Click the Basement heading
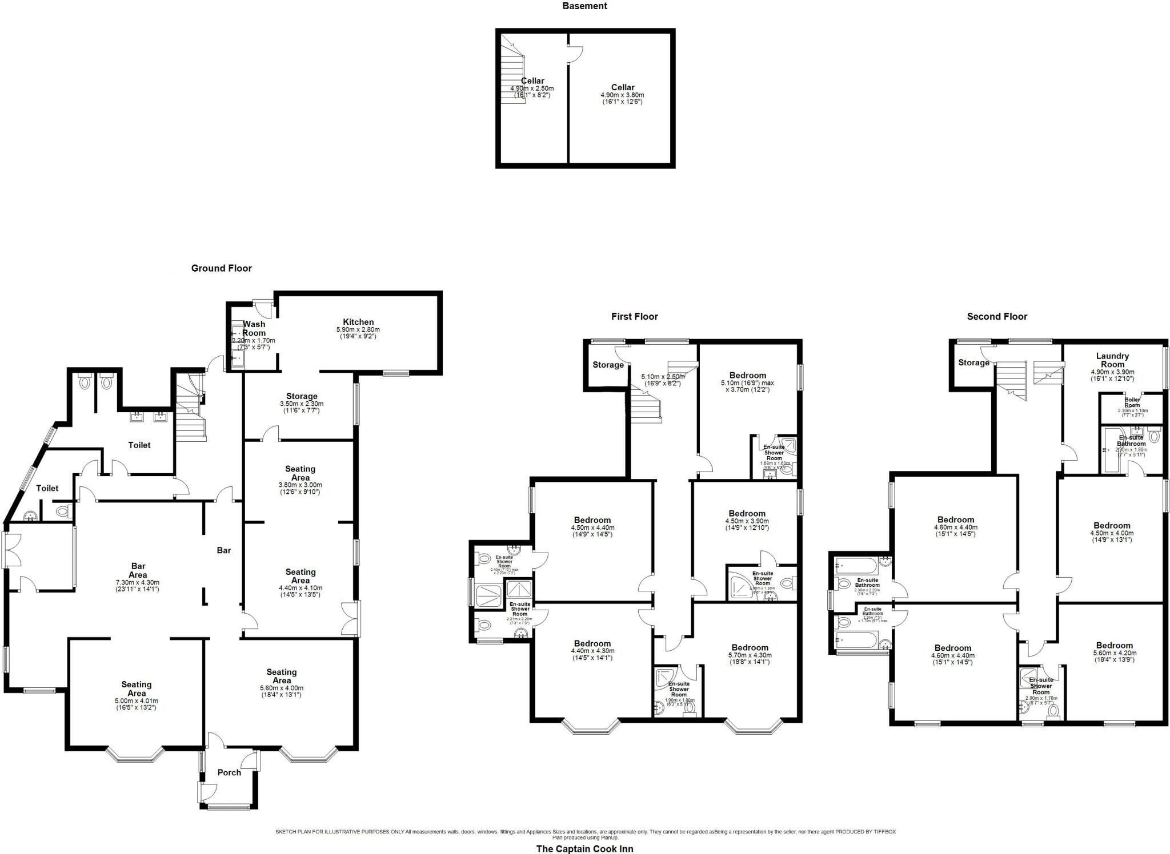(584, 6)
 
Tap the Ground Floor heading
(221, 268)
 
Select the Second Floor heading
(997, 316)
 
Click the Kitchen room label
(358, 322)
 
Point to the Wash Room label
(254, 328)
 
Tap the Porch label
(229, 772)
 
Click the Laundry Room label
(1112, 360)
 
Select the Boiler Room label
(1132, 402)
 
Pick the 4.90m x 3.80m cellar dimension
(622, 95)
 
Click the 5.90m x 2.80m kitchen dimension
(358, 330)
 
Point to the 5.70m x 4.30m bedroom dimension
(750, 655)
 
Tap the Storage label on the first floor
(608, 365)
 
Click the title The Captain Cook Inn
(584, 848)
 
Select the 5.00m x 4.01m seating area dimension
(136, 701)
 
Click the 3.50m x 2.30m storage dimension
(301, 404)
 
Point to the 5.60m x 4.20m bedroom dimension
(1114, 653)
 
